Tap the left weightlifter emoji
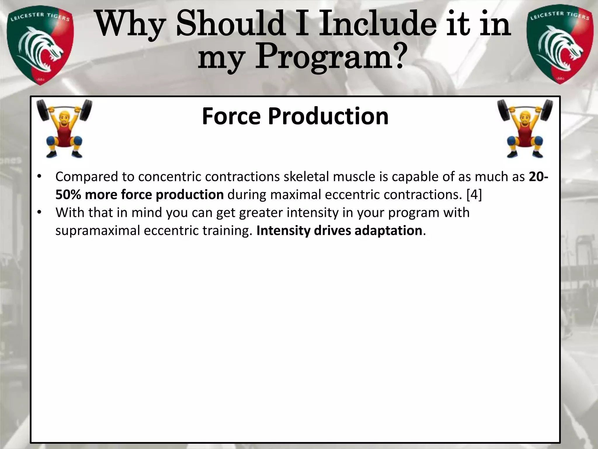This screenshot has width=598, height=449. [x=64, y=129]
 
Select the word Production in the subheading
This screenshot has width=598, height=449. [x=328, y=116]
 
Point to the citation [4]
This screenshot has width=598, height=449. [x=474, y=195]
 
